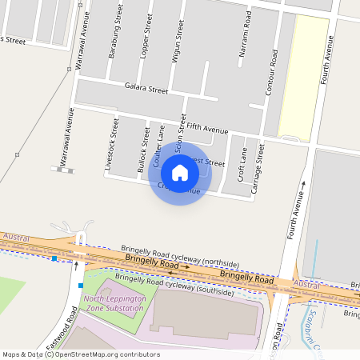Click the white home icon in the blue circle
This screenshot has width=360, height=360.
[x=180, y=172]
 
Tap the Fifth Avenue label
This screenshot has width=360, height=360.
[x=207, y=128]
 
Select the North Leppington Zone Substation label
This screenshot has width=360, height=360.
[x=115, y=308]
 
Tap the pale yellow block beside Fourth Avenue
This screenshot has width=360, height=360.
[x=302, y=76]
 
